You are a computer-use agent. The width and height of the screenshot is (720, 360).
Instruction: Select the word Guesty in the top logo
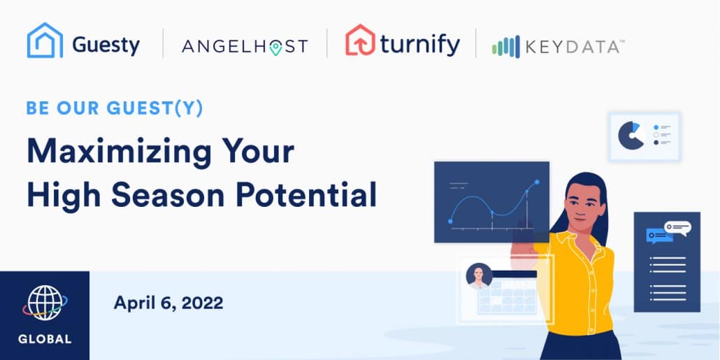[106, 45]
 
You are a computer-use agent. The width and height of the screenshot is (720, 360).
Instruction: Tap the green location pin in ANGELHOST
[275, 48]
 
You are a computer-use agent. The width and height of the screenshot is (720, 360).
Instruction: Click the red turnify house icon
[360, 40]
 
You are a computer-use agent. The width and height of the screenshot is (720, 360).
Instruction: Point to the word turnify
[419, 45]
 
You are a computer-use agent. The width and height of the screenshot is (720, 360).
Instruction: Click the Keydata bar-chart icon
[505, 47]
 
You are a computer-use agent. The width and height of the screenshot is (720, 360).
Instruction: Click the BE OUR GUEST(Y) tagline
[115, 108]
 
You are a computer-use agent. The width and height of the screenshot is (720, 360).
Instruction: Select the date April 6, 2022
[168, 303]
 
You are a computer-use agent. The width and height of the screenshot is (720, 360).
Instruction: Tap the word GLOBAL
[45, 339]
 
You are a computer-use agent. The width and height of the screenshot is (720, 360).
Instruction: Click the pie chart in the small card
[631, 136]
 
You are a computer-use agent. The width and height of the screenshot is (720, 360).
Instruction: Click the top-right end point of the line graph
[537, 182]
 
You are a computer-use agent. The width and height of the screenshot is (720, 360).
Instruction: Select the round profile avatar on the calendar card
[479, 276]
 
